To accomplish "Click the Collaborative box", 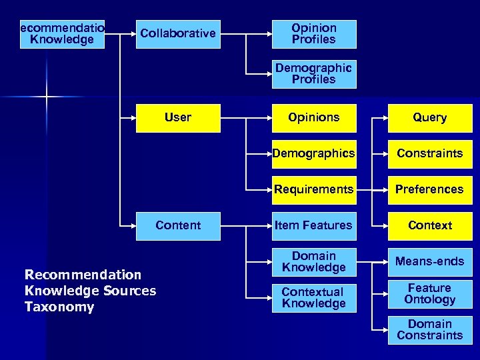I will [x=177, y=33].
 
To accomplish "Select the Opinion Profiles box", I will [x=314, y=34].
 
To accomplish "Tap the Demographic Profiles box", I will [x=314, y=74].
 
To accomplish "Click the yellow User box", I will [x=178, y=118].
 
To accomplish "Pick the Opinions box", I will [x=314, y=118].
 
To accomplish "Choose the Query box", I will [x=430, y=118].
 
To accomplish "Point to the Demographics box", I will [x=314, y=154].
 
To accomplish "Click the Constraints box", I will [x=430, y=154].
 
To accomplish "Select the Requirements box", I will [x=314, y=190].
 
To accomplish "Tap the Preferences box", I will [x=430, y=190].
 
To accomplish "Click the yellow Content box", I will [x=178, y=226].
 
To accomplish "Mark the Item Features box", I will [x=314, y=226].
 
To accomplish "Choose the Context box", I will [x=430, y=226].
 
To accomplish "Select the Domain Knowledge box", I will [x=314, y=262].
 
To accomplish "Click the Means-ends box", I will [x=430, y=261].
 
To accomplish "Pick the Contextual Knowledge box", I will [x=314, y=298].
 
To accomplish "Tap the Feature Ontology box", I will [x=430, y=294].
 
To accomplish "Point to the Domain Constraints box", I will [x=430, y=330].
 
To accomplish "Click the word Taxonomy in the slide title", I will [x=59, y=307].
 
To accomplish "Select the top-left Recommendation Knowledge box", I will [x=63, y=34].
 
